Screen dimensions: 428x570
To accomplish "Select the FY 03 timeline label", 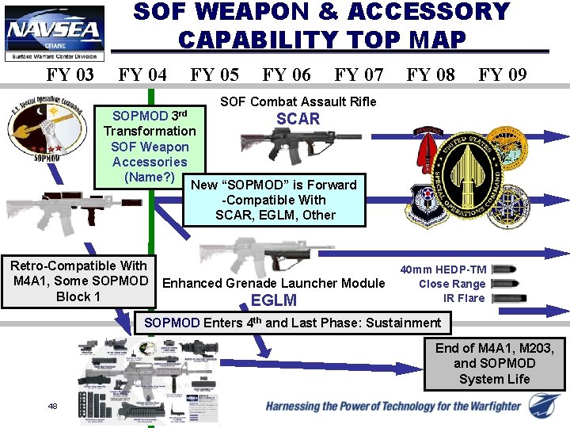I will coord(70,75).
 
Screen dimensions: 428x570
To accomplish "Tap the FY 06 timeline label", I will coord(286,75).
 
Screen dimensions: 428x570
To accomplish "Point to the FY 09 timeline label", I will coord(502,75).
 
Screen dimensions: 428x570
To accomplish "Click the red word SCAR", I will coord(298,120).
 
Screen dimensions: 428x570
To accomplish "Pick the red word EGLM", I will coord(274,300).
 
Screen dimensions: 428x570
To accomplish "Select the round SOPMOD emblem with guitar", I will coord(37,131).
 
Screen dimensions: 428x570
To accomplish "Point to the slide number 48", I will coord(52,406).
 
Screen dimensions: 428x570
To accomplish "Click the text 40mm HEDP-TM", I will coord(443,269).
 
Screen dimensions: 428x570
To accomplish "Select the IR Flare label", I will coord(464,298).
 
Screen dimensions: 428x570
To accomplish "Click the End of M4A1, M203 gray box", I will coord(493,363).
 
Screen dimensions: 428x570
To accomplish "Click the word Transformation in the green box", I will coord(150,131).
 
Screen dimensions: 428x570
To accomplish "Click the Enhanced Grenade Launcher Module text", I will coord(273,283).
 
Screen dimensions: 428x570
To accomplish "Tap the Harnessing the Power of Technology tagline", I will coord(393,407).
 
